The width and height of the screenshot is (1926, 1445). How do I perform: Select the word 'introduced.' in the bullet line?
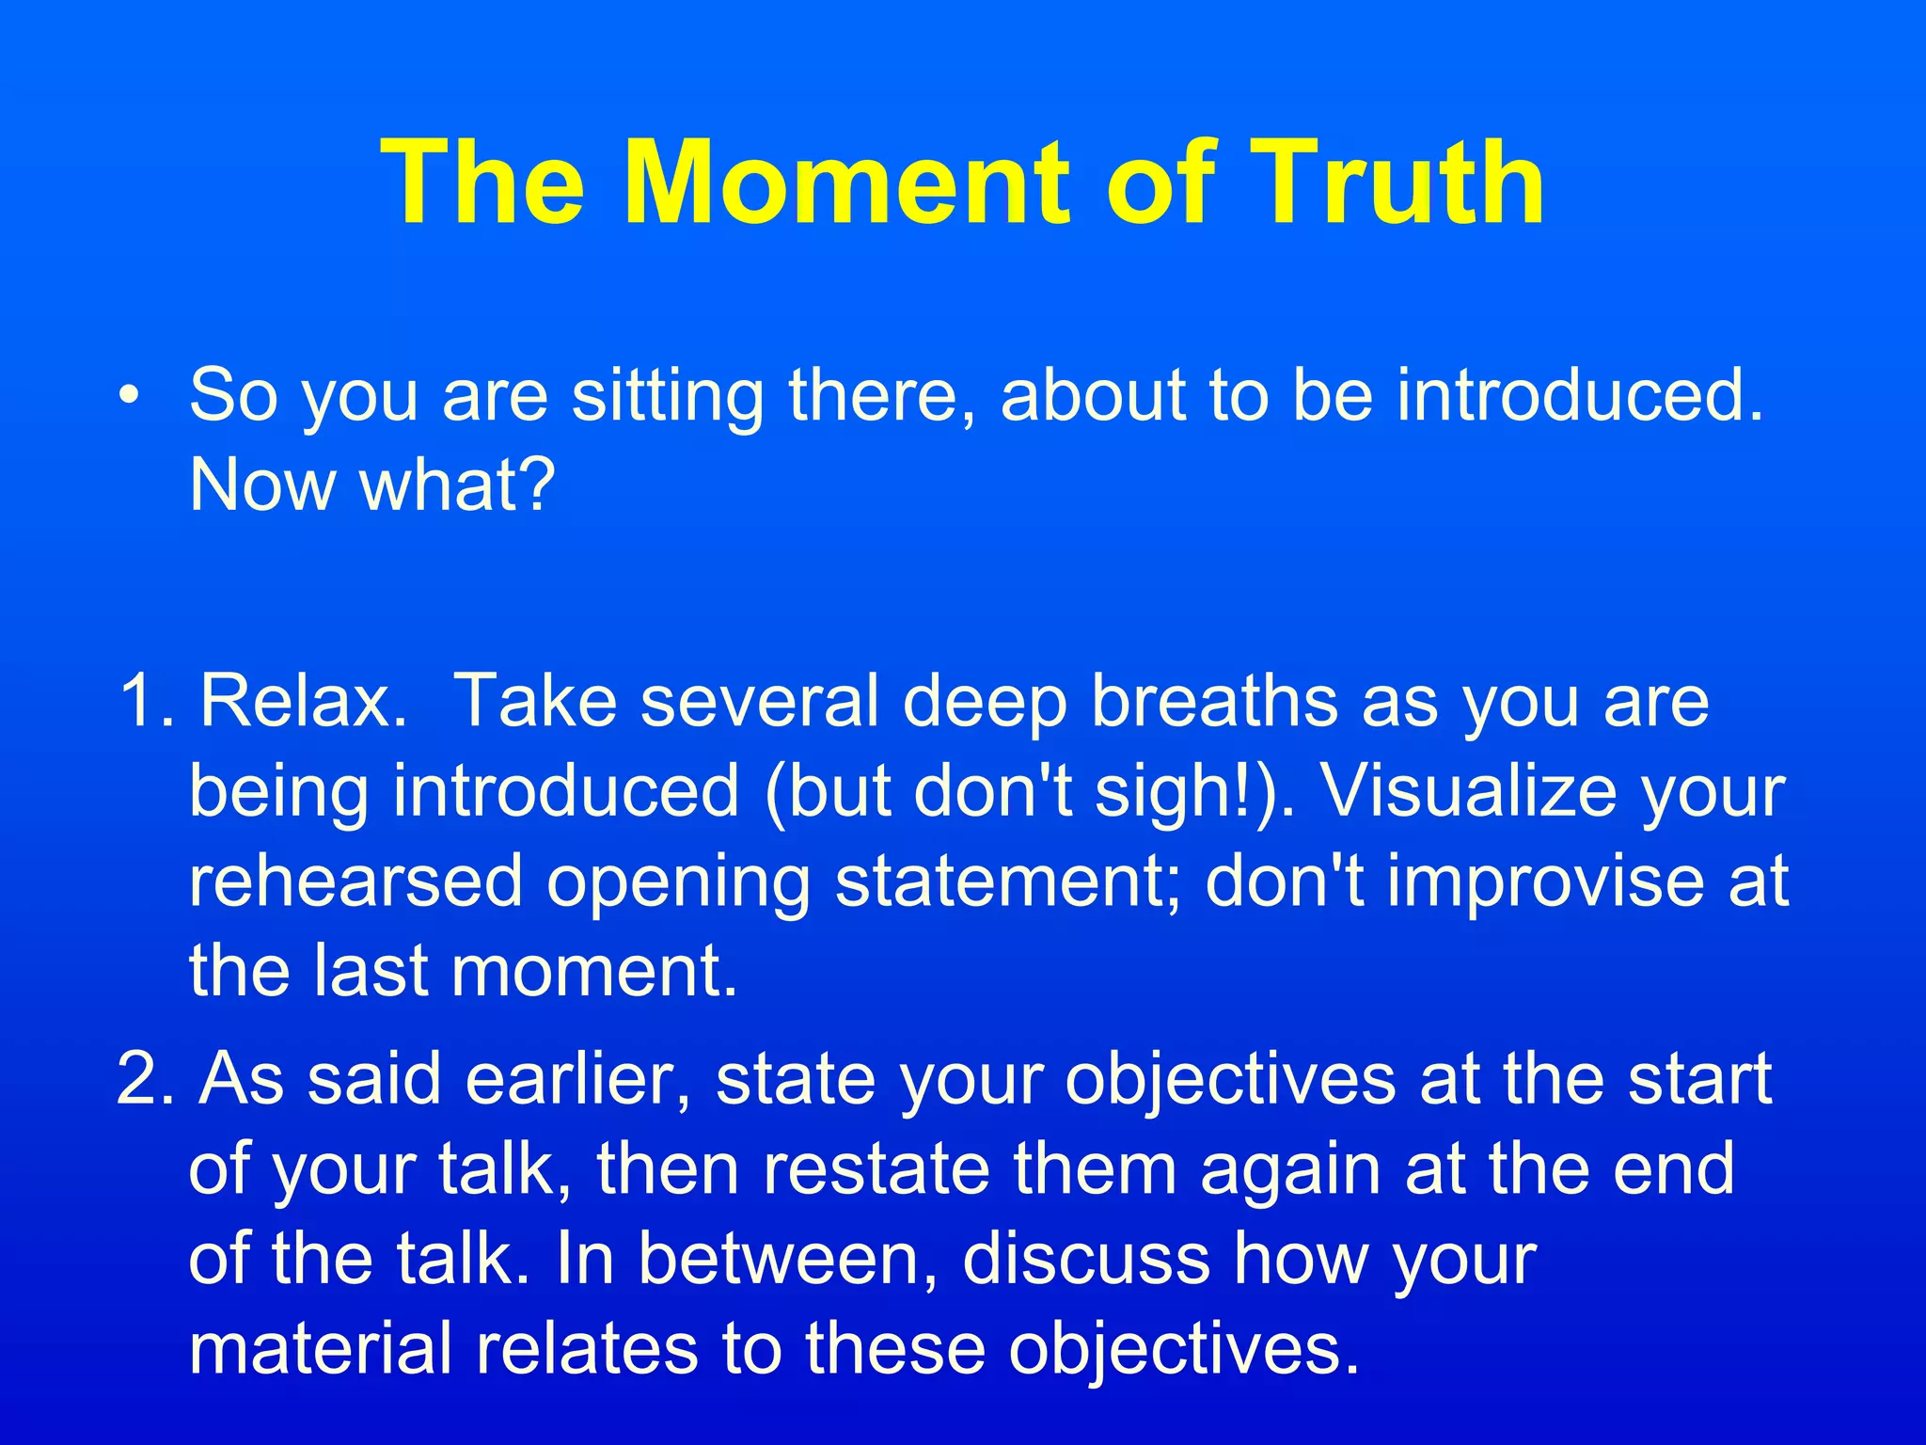[x=1580, y=394]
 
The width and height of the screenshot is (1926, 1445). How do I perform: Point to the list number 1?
[x=141, y=701]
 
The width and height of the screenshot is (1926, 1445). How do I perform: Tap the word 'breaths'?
[x=1214, y=701]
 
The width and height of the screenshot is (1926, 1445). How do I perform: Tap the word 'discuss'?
[x=1086, y=1259]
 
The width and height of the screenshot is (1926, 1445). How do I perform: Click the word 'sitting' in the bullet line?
[x=668, y=396]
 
